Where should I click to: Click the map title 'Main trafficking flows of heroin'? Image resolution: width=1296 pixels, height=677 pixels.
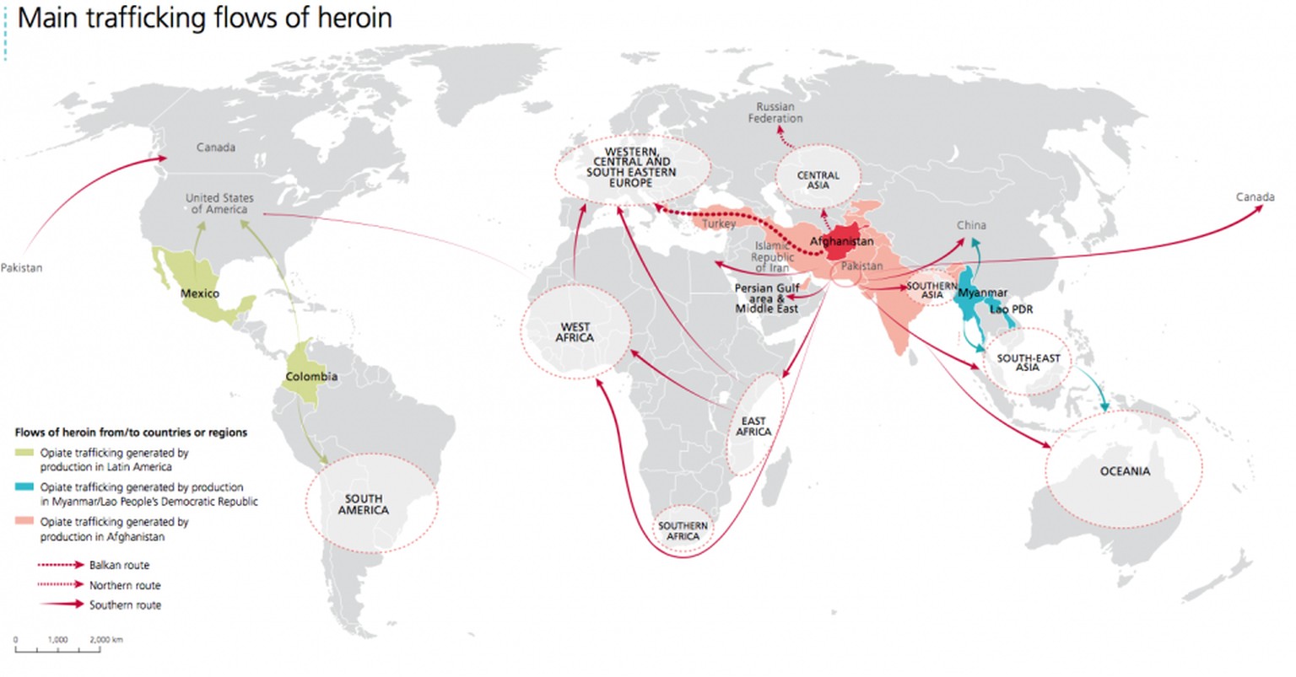pos(205,18)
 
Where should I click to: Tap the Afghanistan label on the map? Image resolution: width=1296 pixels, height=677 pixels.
pos(841,241)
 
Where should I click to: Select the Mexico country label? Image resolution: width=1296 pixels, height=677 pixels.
pos(199,293)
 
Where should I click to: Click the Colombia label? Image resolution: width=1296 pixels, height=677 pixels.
pos(311,376)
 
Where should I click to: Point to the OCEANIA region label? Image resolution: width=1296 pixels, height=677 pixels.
pos(1125,471)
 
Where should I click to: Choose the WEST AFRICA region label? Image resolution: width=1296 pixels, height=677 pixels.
pos(575,332)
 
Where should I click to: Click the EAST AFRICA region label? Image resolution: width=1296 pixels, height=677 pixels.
pos(753,427)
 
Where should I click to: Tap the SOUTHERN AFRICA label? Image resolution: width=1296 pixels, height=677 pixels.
pos(683,531)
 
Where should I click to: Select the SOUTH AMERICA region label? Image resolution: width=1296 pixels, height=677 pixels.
pos(364,504)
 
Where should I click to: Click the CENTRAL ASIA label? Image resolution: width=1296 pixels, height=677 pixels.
pos(818,180)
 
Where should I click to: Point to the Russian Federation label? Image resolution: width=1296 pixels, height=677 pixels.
pos(775,113)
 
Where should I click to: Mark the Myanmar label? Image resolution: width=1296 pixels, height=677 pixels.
pos(982,293)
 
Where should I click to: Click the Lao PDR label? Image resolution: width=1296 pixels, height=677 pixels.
pos(1011,309)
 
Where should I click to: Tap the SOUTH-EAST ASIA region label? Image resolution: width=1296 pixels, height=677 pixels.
pos(1028,363)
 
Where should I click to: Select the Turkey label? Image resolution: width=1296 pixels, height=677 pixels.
pos(719,223)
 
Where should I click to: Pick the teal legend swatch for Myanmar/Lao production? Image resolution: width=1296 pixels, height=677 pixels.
pos(25,487)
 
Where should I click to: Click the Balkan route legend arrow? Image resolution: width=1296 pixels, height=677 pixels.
pos(59,565)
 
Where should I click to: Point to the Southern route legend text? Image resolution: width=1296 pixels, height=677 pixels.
pos(125,605)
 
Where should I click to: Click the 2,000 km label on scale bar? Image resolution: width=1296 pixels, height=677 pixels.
pos(105,640)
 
